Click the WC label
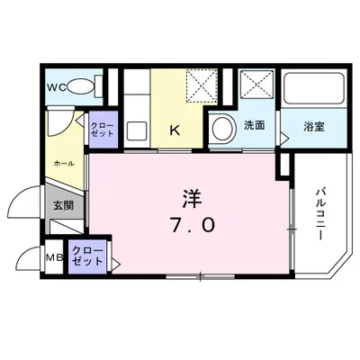56,87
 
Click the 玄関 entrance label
63,205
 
